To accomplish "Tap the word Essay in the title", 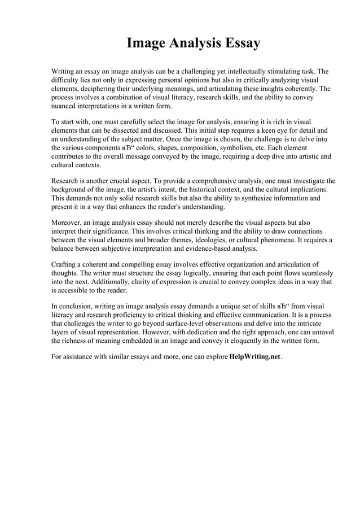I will click(x=239, y=43).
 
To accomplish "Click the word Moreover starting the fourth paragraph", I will click(x=67, y=222).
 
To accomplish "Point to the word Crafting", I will click(x=64, y=264).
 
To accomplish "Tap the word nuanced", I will click(x=65, y=106).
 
